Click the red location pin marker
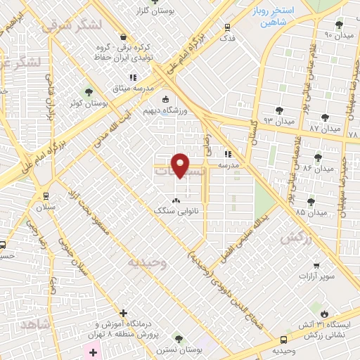click(181, 164)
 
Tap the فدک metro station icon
click(227, 27)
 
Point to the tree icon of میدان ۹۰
click(339, 25)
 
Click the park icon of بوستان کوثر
click(89, 92)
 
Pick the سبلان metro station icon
click(46, 196)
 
